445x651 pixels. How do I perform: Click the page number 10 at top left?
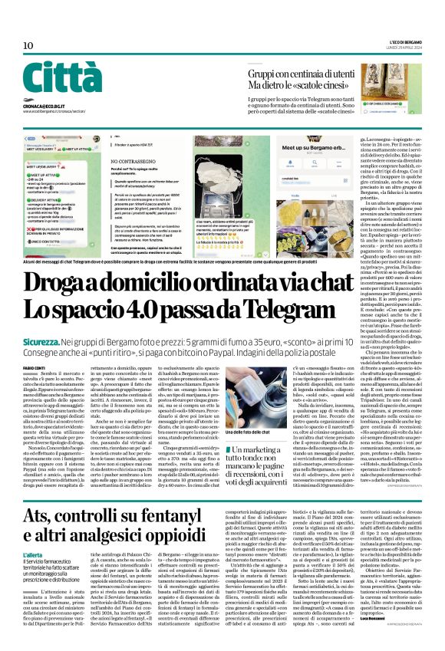[x=28, y=46]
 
